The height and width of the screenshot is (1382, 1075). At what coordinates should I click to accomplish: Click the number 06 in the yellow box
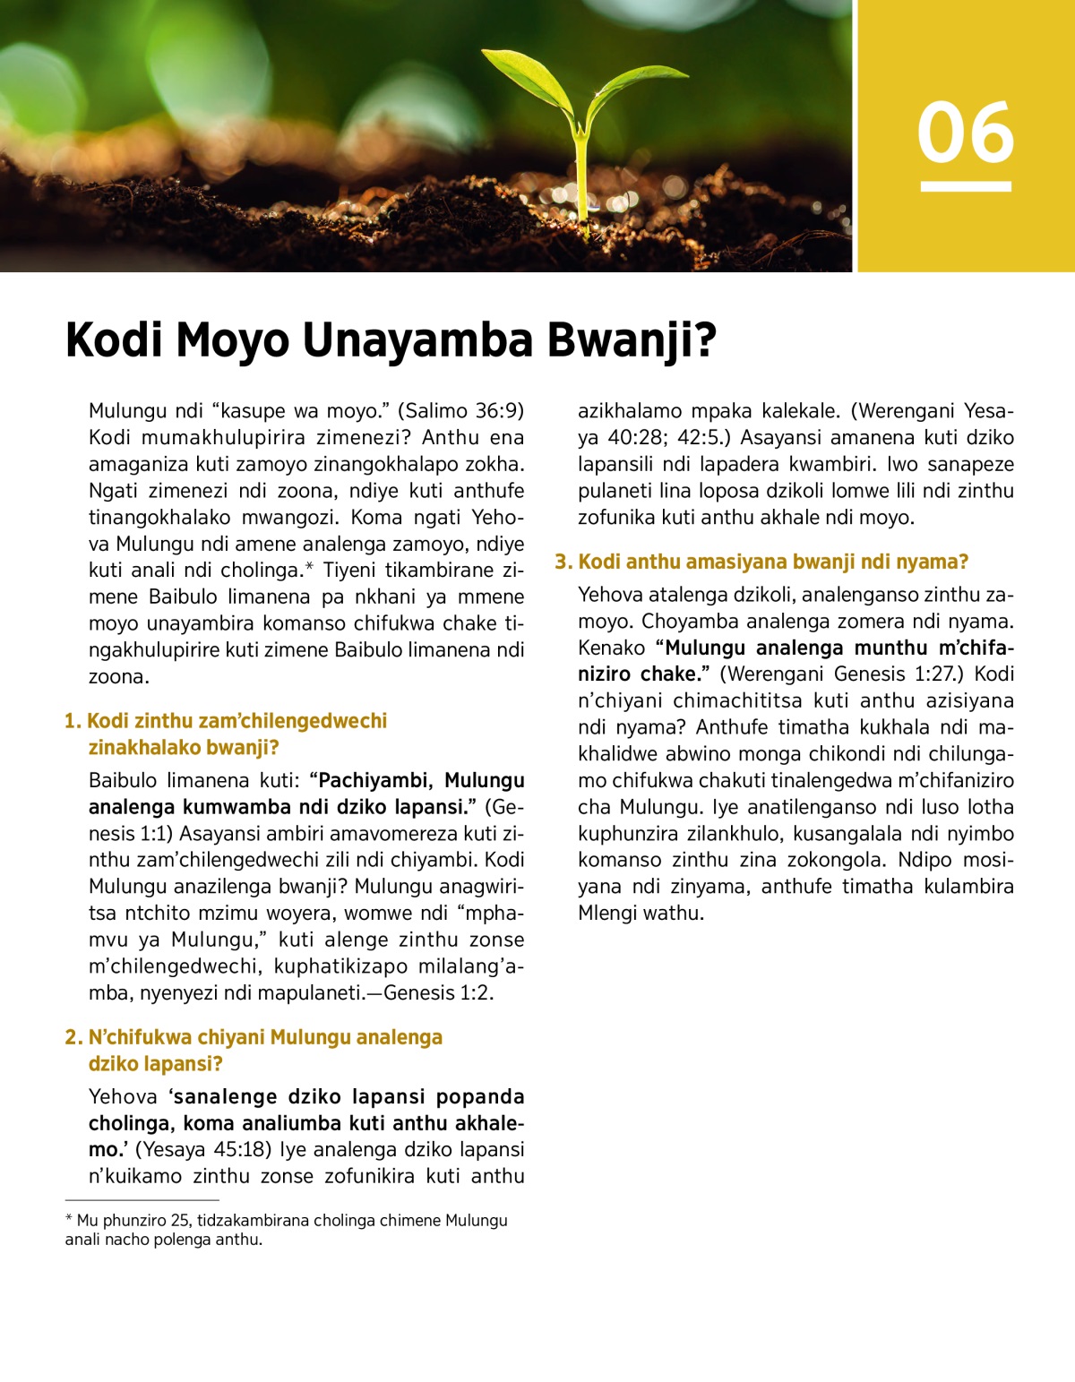pos(965,133)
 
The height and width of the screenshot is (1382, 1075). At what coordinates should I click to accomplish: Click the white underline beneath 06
pos(966,186)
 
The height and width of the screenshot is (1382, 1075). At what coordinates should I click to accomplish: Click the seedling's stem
pos(582,179)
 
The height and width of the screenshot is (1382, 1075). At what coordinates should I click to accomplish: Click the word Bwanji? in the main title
pos(632,340)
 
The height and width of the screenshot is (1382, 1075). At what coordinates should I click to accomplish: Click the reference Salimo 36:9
pos(460,411)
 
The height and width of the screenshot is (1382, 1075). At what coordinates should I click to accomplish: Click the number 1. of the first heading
pos(73,721)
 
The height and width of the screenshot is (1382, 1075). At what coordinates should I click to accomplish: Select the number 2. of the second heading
pos(74,1037)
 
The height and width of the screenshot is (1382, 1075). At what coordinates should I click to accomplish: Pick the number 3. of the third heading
pos(563,562)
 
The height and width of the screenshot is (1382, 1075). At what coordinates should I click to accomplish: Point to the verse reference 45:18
pos(242,1149)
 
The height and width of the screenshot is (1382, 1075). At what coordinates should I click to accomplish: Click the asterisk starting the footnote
pos(69,1219)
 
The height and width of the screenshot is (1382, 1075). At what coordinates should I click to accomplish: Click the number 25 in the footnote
pos(179,1220)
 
